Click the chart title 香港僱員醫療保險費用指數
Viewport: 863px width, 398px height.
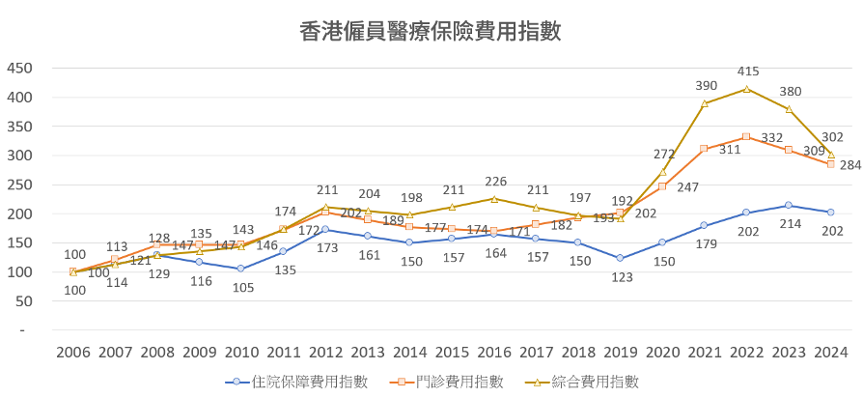point(431,33)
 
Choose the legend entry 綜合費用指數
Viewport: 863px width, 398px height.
point(589,382)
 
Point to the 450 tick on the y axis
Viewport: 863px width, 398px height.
point(19,69)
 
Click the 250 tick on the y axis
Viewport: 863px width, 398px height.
point(19,185)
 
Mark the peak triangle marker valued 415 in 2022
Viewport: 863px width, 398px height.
point(746,89)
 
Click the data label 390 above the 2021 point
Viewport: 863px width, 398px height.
point(707,86)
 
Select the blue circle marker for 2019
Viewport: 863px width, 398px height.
point(620,258)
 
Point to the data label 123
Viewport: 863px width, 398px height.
point(620,277)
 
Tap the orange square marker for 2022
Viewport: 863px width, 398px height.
point(746,137)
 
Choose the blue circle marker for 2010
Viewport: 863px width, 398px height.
point(241,269)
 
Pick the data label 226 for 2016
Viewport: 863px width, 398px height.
point(495,181)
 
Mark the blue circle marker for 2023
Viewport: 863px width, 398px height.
point(789,205)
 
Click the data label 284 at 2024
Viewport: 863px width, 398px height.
point(850,164)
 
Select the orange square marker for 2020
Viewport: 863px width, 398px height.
point(662,185)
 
